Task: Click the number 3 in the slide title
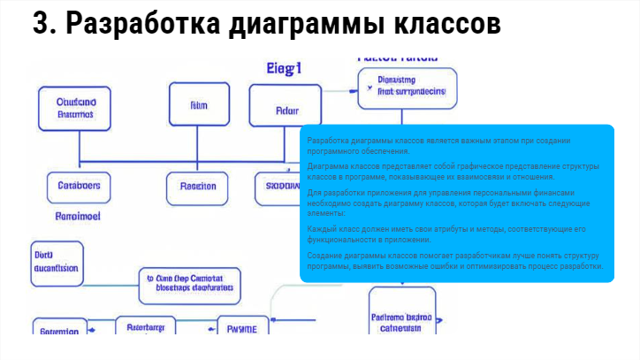tap(42, 25)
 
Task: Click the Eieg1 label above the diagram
tap(285, 68)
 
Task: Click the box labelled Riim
tap(198, 105)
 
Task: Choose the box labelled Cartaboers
tap(78, 187)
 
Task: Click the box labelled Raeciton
tap(197, 187)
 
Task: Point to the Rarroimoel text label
tap(78, 215)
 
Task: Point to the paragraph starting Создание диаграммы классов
tap(455, 261)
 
